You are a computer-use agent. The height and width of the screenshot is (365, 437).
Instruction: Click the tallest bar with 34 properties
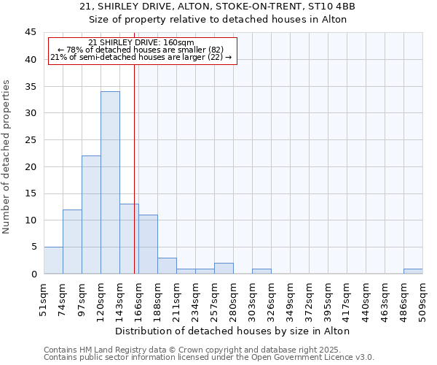[110, 182]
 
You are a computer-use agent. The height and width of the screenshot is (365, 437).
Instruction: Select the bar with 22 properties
[91, 215]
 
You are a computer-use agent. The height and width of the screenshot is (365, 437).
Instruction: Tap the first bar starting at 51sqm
[53, 260]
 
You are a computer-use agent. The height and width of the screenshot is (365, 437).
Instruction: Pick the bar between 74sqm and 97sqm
[72, 242]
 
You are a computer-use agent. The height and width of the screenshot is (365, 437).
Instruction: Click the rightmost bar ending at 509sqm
[413, 271]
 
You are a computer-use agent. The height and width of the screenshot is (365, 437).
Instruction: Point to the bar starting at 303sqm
[261, 271]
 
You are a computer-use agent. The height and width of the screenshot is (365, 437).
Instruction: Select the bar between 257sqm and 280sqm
[224, 268]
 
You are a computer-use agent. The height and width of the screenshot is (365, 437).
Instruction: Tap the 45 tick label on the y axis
[31, 32]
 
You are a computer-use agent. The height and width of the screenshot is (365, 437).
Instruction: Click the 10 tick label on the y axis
[31, 220]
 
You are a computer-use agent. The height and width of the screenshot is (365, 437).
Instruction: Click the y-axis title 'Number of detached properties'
[7, 157]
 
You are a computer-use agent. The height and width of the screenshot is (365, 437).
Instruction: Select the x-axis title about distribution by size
[233, 331]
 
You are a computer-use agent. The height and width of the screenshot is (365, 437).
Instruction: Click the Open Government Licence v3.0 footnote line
[209, 357]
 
